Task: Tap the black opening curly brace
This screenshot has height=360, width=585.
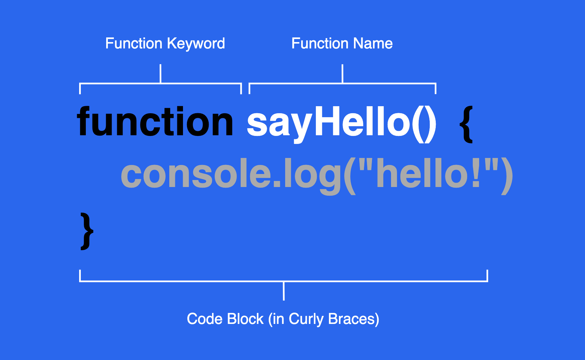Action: coord(466,125)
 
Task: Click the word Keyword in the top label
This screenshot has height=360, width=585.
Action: coord(196,44)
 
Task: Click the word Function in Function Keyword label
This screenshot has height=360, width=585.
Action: coord(134,43)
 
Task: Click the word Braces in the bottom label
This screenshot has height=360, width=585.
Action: coord(352,319)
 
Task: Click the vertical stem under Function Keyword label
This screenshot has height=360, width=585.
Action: coord(161,73)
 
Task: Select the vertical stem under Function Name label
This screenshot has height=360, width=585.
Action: coord(343,73)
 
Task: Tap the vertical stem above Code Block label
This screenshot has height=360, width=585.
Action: coord(284,291)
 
